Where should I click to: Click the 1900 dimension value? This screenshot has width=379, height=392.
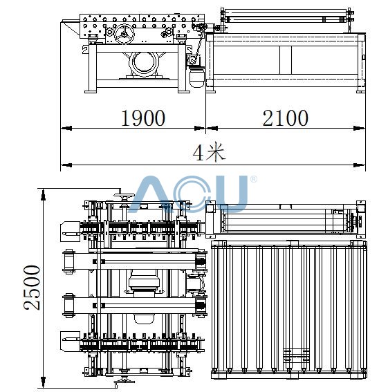(x=143, y=118)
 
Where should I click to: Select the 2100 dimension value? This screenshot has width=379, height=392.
(x=286, y=118)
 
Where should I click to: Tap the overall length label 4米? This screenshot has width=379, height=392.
(x=209, y=151)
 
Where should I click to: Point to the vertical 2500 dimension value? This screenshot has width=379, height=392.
(x=32, y=288)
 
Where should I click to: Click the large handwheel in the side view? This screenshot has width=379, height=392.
(x=124, y=34)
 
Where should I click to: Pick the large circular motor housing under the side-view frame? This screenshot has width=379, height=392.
(x=143, y=64)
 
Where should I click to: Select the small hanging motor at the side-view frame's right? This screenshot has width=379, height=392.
(x=196, y=77)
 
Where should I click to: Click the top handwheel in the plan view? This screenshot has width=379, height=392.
(x=124, y=196)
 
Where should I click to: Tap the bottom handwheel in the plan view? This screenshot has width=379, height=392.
(x=124, y=380)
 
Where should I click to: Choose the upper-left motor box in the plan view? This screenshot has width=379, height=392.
(x=71, y=232)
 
